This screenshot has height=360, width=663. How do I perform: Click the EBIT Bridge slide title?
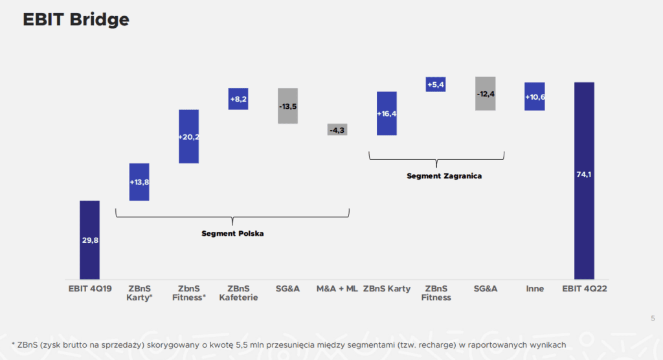(x=76, y=20)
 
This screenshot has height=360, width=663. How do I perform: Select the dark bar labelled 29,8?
(x=89, y=240)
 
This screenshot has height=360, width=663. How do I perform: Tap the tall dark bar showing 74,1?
(x=584, y=181)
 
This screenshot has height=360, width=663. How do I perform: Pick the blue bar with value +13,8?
(x=139, y=182)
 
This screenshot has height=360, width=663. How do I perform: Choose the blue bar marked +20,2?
(x=188, y=136)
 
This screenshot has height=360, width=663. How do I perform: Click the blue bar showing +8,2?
(x=238, y=99)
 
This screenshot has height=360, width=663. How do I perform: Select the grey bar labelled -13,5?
(x=287, y=106)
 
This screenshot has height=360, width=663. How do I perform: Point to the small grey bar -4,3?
(x=337, y=130)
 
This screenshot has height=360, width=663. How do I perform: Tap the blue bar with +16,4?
(x=387, y=113)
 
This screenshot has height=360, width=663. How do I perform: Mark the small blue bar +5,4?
(x=436, y=84)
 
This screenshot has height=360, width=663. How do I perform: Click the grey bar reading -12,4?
(x=485, y=94)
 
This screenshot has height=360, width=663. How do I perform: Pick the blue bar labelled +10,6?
(x=535, y=96)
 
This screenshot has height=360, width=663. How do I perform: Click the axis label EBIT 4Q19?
(x=89, y=289)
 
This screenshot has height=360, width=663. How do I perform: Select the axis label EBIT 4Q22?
(x=584, y=289)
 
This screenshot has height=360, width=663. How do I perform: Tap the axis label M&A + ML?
(x=337, y=289)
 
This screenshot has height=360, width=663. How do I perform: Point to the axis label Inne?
(x=535, y=289)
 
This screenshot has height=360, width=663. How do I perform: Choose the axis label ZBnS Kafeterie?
(x=238, y=293)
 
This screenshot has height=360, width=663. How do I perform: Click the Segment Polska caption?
(x=232, y=233)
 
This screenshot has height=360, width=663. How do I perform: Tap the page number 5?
(x=652, y=317)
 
